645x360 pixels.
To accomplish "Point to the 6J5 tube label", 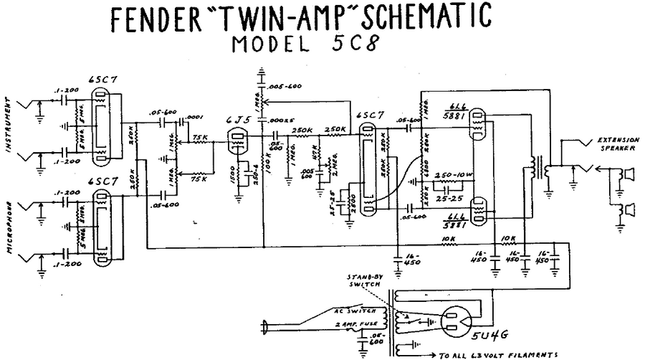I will tap(234, 120).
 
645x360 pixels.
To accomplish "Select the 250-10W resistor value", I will tap(454, 175).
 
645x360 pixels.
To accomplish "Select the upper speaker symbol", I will tap(629, 174).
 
